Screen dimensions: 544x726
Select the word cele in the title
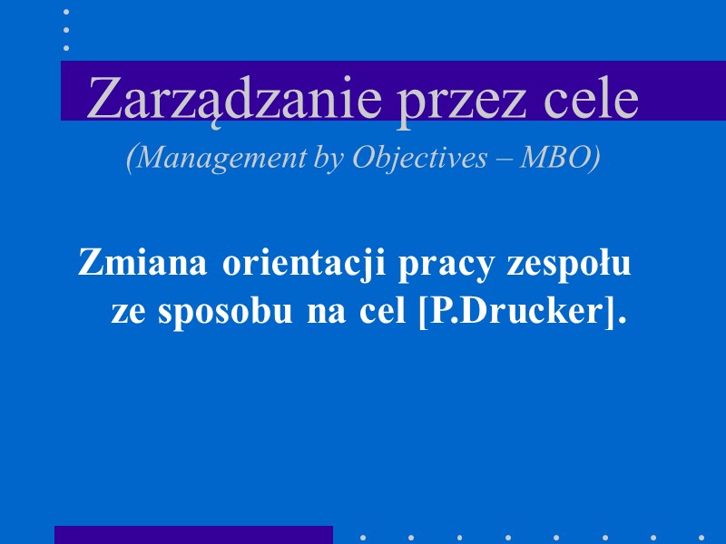click(591, 99)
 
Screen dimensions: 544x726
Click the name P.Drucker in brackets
click(516, 313)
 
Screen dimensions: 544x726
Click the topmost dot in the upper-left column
click(66, 13)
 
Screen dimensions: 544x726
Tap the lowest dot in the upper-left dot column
click(66, 46)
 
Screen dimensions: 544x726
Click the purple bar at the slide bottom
click(193, 535)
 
